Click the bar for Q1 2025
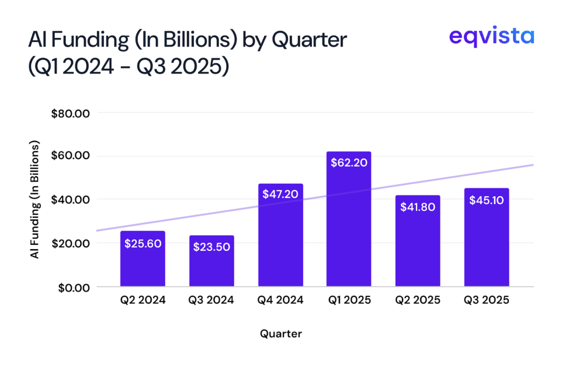tap(349, 225)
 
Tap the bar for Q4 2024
tap(280, 242)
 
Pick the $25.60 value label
tap(143, 244)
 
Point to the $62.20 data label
tap(349, 162)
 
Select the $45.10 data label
tap(486, 200)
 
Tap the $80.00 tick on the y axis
tap(70, 113)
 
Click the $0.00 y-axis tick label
tap(72, 287)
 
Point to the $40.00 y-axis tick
tap(70, 200)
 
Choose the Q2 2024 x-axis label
tap(143, 300)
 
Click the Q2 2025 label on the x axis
tap(418, 300)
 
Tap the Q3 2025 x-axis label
tap(486, 300)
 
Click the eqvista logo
tap(491, 37)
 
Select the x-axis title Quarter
tap(280, 333)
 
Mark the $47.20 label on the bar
tap(280, 194)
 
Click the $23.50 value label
tap(211, 246)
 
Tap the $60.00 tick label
tap(70, 156)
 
